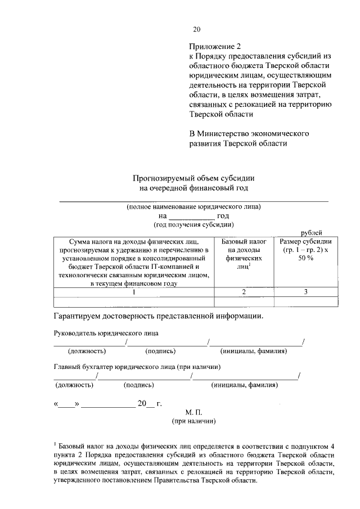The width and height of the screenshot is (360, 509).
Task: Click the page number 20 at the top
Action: coord(196,30)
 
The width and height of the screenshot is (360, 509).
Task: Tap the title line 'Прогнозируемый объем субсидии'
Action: coord(193,178)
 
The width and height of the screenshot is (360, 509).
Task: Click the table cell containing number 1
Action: coord(134,291)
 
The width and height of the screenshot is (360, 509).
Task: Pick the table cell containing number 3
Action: coord(305,291)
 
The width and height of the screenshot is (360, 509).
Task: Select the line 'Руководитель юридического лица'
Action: coord(106,333)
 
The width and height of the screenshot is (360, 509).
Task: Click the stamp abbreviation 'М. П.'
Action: coord(193,412)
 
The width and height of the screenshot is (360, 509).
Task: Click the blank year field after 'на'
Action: coord(192,215)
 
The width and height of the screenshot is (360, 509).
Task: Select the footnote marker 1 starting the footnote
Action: coord(55,444)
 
